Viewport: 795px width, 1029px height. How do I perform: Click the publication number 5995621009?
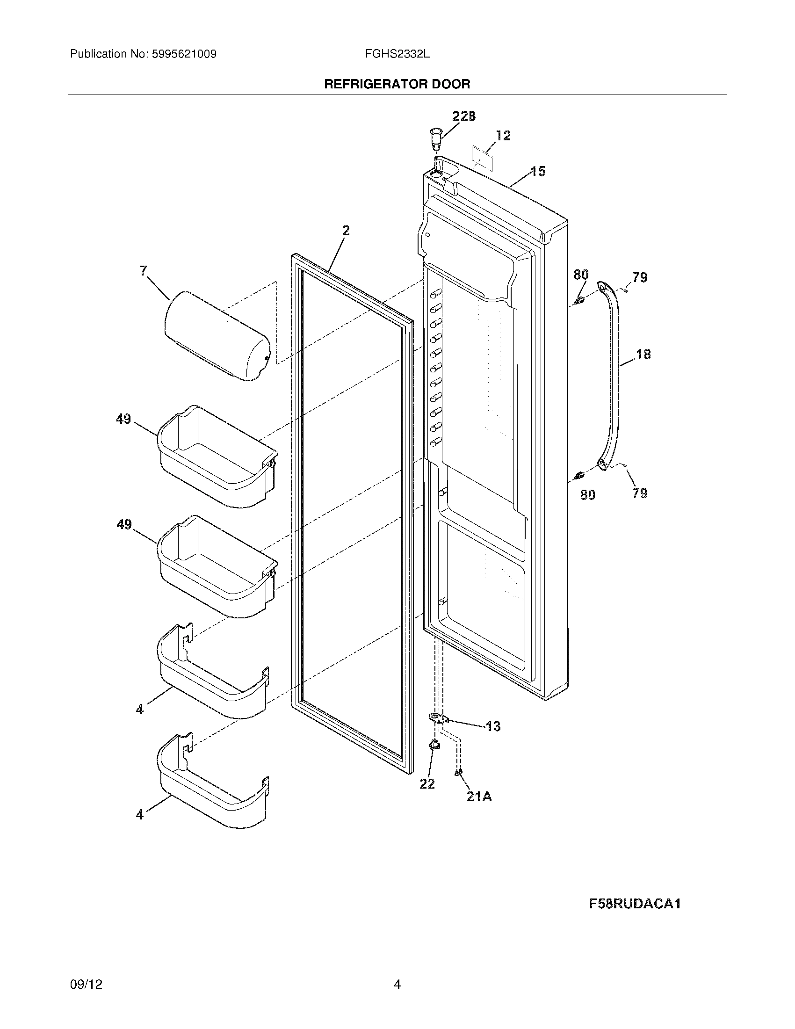coord(184,54)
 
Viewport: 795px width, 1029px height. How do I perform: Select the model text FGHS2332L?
coord(397,54)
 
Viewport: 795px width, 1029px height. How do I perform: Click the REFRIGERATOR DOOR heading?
coord(397,84)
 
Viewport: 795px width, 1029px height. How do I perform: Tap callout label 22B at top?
coord(463,116)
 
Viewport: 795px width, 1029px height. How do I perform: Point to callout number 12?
coord(503,136)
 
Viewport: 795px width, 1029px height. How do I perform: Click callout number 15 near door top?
coord(538,172)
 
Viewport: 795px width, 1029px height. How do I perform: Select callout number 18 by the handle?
coord(643,355)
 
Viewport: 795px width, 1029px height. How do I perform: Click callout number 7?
coord(144,270)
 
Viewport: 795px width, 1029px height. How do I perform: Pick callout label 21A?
coord(479,796)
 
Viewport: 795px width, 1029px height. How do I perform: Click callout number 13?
coord(493,726)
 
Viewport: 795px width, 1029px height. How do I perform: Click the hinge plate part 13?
coord(438,718)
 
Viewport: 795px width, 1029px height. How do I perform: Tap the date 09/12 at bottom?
coord(86,984)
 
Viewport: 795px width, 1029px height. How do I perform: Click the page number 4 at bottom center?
coord(397,984)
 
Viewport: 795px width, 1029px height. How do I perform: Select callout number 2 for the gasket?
coord(346,231)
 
